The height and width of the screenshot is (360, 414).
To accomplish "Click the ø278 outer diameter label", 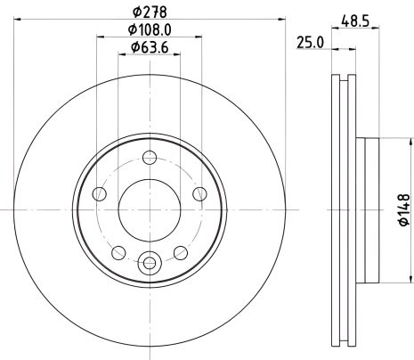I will click(149, 12).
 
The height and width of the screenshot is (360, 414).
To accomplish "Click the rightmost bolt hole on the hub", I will click(198, 192).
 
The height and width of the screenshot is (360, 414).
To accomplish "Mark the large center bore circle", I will click(149, 209).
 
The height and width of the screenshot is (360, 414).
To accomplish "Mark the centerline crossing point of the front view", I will click(149, 209).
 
